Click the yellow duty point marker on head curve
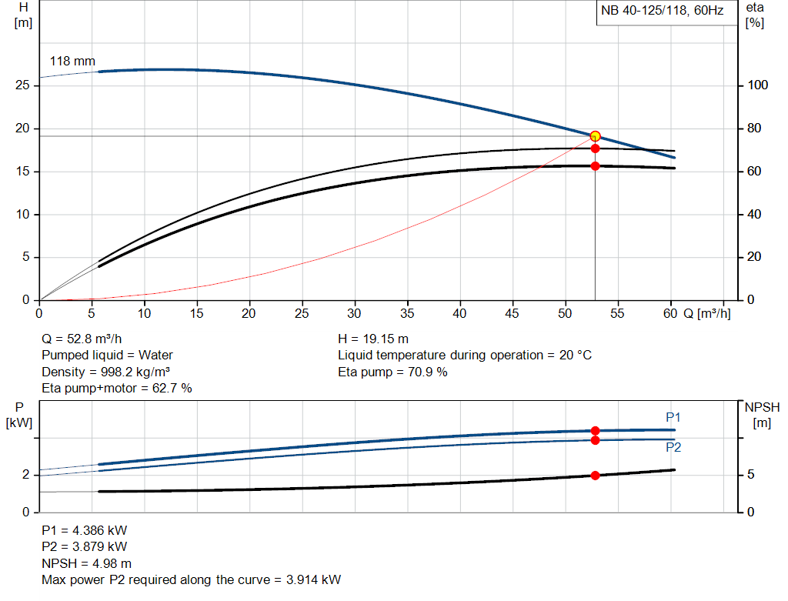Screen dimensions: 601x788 point(595,136)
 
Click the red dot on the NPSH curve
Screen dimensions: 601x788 point(595,476)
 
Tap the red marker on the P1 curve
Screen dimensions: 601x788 point(595,431)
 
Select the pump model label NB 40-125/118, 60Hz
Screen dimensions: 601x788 point(661,12)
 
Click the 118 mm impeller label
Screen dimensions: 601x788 point(72,61)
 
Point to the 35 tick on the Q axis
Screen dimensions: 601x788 point(407,313)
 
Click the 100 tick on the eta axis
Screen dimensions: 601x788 point(757,85)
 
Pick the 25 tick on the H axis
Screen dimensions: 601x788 point(22,85)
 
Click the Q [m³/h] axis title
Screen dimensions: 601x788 point(707,313)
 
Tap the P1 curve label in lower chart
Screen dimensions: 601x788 point(673,417)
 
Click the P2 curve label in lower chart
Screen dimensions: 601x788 point(673,447)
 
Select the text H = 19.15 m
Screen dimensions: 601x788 point(373,339)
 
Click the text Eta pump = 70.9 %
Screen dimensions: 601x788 point(392,372)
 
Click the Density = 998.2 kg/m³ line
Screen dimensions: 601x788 point(105,372)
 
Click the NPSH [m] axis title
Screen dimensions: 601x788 point(763,414)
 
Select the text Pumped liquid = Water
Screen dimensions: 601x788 point(107,355)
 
